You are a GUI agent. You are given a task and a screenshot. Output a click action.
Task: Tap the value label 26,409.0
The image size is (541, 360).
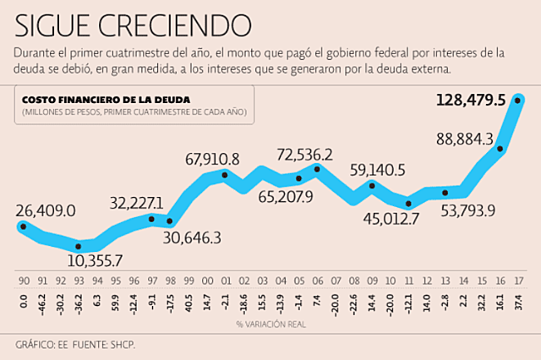point(46,210)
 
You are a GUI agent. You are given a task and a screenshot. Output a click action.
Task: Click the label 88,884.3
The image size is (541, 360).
point(465,139)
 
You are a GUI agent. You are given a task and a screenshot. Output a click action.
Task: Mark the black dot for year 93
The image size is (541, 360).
point(78,247)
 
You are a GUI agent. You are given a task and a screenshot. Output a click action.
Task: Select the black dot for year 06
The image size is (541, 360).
point(317,169)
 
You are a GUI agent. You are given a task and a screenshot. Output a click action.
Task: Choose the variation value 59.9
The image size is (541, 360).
point(115,303)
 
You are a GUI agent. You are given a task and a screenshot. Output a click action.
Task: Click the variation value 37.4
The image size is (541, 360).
point(518,303)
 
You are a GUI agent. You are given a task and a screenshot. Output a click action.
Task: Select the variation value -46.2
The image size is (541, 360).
point(41,303)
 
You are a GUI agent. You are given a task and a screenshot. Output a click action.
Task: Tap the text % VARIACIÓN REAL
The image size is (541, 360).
point(270,323)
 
